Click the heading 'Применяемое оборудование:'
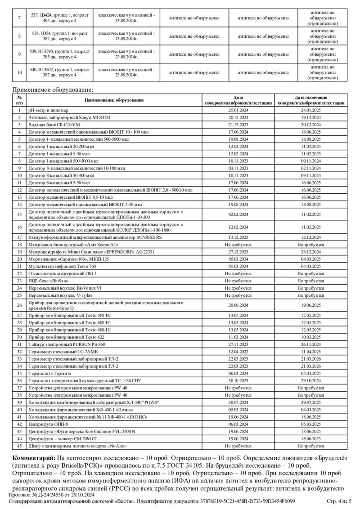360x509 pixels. (52, 89)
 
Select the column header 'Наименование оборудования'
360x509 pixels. (113, 100)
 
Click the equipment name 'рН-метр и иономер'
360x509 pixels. (48, 110)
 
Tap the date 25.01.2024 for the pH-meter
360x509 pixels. (238, 110)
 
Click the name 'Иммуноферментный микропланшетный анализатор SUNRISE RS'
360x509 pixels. (95, 237)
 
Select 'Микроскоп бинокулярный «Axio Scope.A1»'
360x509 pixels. (73, 244)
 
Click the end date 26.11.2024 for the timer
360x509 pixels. (311, 344)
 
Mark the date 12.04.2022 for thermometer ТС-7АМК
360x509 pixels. (238, 351)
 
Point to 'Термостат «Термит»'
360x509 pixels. (49, 373)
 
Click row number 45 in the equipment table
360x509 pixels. (19, 446)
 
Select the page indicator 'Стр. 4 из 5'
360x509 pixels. (341, 501)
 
